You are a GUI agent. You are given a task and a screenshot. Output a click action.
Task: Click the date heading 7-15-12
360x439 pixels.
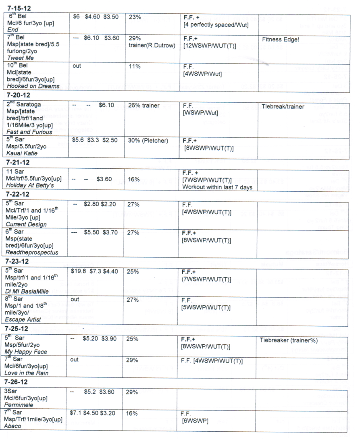[19, 8]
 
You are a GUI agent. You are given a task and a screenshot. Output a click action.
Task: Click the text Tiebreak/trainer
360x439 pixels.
[283, 107]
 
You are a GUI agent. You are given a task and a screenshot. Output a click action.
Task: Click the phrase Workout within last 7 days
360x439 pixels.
[217, 188]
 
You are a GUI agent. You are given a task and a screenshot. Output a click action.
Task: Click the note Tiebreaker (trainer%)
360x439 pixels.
[289, 340]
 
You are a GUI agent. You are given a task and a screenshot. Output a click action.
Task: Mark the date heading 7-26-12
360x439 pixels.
[19, 382]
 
